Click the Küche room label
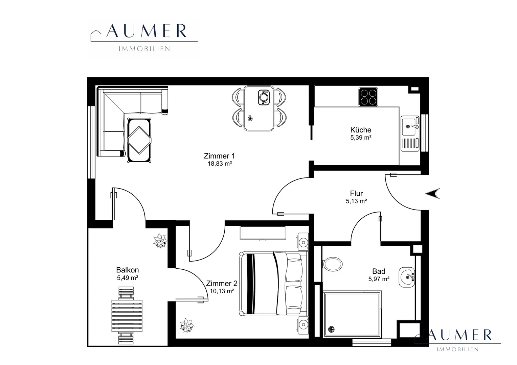[361, 130]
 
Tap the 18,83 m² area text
[220, 164]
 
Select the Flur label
[356, 193]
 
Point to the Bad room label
[379, 271]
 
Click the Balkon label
[128, 270]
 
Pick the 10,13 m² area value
[222, 291]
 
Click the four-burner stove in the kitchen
[368, 97]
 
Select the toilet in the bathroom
[333, 264]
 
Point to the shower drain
[331, 329]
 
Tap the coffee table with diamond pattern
[139, 140]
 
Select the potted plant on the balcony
[160, 241]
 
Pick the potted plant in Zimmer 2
[187, 325]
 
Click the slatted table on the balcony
[127, 316]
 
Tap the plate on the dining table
[264, 97]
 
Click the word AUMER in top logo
[146, 31]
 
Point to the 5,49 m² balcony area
[128, 277]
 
